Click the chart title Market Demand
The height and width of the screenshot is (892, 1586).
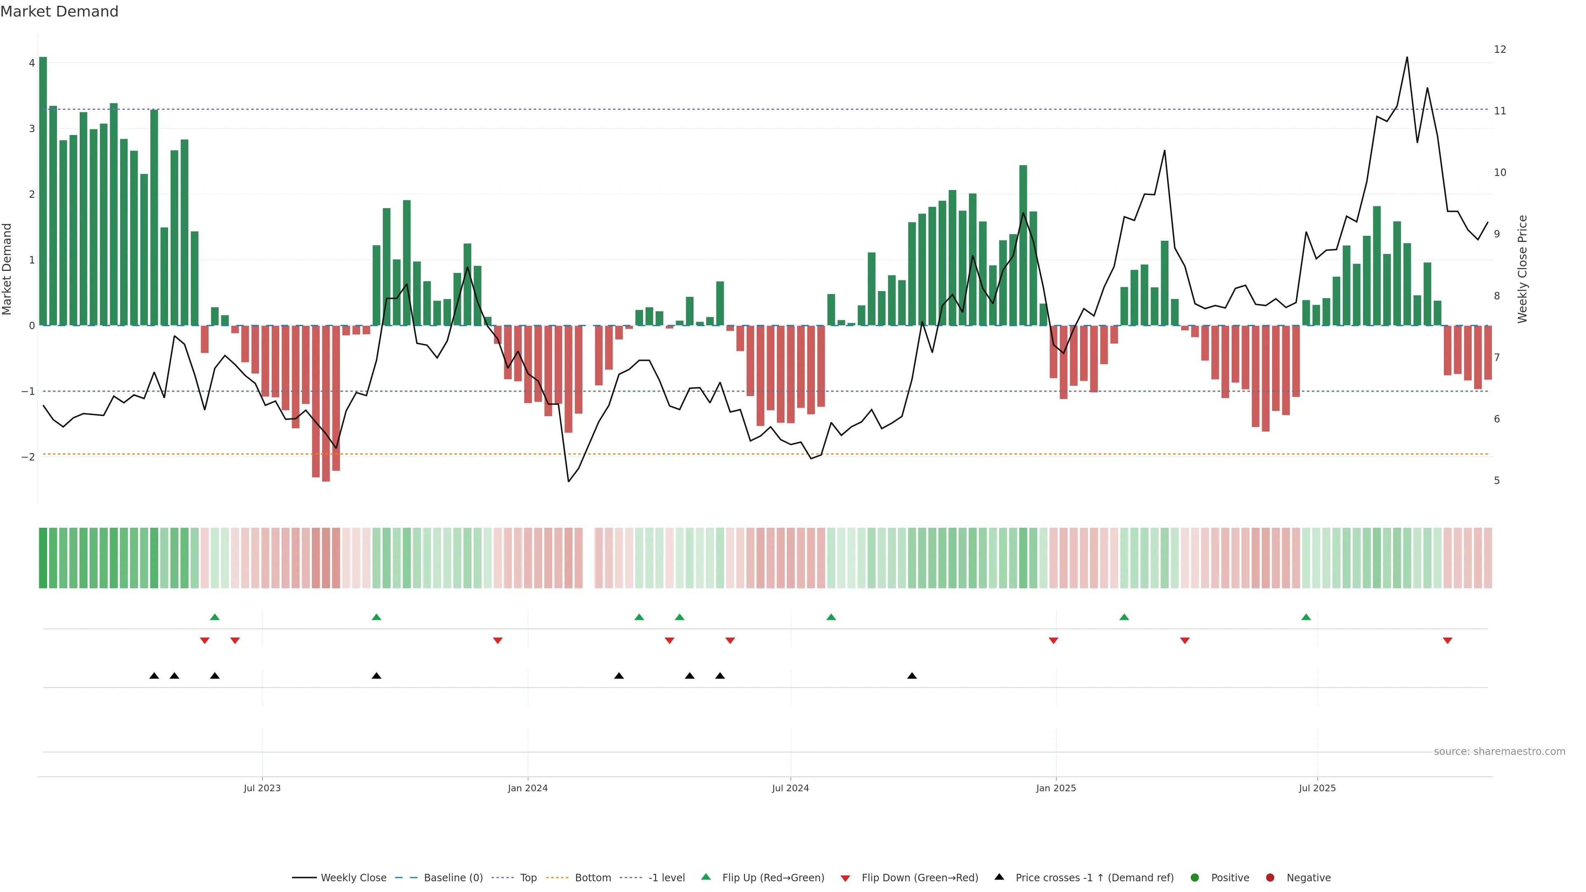[59, 12]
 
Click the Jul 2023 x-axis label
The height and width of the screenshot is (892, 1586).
[262, 788]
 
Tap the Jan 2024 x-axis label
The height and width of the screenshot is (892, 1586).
[528, 788]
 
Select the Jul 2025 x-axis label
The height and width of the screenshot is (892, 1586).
[1317, 788]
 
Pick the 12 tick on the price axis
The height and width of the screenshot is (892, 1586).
[1500, 49]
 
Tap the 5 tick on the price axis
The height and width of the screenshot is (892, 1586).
[1497, 480]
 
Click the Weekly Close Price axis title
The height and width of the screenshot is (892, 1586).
[1522, 269]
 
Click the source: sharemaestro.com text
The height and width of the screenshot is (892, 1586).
[1499, 752]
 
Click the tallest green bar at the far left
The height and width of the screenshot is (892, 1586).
[43, 191]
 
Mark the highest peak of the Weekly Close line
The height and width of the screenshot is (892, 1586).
[1407, 57]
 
